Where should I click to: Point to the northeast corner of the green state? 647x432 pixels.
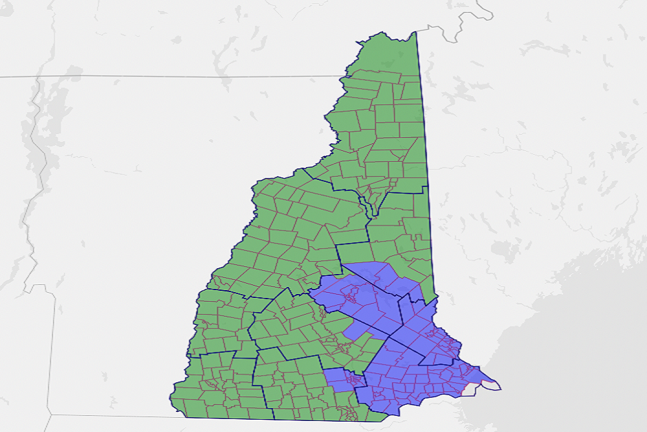(415, 32)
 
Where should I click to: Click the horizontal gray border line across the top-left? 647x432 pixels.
(162, 76)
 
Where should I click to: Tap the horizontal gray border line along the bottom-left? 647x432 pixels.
(110, 416)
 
